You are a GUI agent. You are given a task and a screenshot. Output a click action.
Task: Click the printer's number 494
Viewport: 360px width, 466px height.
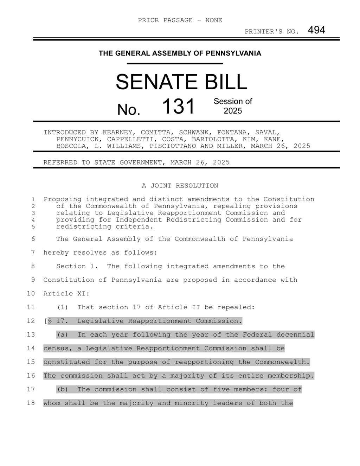click(x=316, y=30)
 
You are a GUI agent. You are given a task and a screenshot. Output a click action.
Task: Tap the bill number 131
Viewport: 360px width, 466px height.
click(x=178, y=107)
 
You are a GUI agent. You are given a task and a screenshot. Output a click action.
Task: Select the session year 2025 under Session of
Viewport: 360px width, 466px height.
click(x=233, y=111)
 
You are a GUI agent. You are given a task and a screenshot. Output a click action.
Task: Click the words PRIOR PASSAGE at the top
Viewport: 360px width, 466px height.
click(x=165, y=20)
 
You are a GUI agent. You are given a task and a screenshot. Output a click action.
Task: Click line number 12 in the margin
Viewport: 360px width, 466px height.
click(x=31, y=321)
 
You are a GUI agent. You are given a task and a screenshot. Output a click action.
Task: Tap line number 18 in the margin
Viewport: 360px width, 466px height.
click(x=31, y=403)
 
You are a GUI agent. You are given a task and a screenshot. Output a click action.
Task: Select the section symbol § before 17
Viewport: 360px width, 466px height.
click(x=50, y=321)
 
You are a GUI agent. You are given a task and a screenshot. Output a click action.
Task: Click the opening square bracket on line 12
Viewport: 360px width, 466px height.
click(x=45, y=321)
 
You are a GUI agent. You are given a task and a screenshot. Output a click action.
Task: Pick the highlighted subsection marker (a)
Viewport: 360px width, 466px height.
click(x=62, y=335)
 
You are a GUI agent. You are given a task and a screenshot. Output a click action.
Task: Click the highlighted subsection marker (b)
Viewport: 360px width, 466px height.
click(x=62, y=389)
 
